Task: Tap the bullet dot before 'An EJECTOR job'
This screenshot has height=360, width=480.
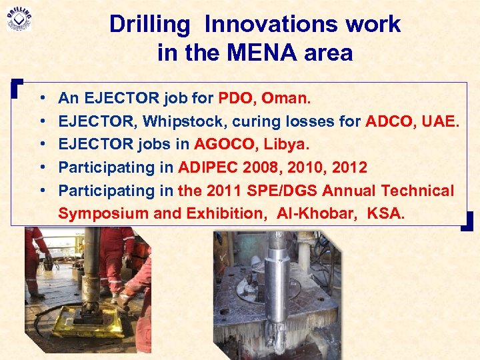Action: coord(42,99)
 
